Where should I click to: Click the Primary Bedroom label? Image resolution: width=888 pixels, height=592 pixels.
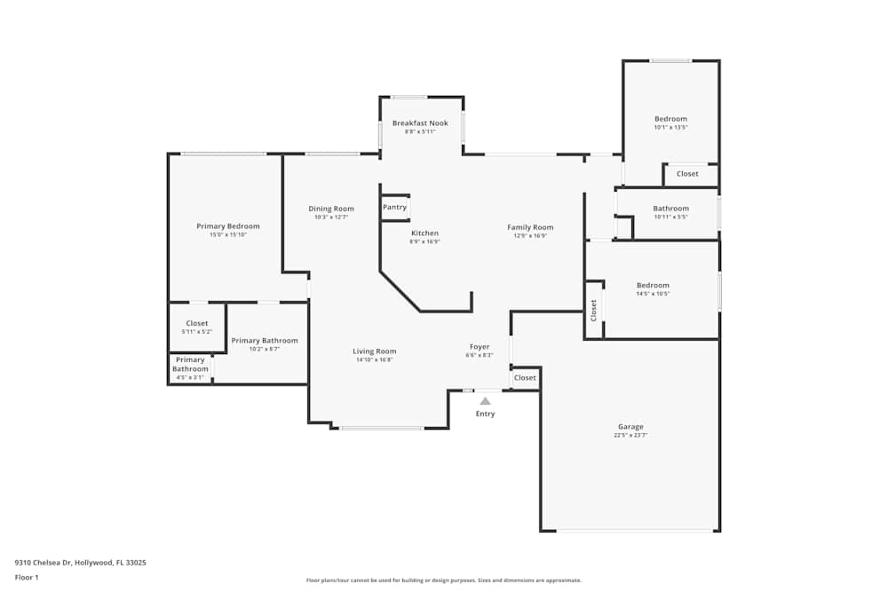point(228,226)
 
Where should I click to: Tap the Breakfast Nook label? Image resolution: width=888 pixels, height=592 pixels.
point(420,122)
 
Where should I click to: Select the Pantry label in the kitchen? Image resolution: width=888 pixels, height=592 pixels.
point(394,207)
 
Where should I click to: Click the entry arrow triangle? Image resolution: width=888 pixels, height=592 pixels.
point(485,401)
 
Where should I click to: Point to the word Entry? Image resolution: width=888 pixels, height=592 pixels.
point(485,414)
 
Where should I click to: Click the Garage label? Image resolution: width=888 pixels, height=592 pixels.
point(630,427)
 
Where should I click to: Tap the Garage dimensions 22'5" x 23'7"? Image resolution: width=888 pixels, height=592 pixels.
point(630,436)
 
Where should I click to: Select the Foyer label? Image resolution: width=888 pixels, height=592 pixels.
point(480,346)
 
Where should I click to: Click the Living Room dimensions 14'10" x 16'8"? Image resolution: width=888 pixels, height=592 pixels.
point(375,360)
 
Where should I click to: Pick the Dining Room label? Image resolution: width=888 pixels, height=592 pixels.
point(331,209)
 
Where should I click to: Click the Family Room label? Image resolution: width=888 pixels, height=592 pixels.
point(530,227)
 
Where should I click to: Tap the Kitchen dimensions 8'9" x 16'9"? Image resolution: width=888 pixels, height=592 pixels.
point(424,242)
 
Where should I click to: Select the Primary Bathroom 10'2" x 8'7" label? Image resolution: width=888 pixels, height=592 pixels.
point(265,340)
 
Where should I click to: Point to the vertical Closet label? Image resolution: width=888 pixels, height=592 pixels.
point(594,310)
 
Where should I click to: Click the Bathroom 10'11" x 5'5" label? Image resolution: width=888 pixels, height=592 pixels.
point(670,209)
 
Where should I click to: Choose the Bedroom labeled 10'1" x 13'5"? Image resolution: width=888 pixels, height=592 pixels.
point(670,119)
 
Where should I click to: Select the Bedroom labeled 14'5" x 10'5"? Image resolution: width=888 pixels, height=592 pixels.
point(653,285)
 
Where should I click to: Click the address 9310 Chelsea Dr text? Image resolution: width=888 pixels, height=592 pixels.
point(80,563)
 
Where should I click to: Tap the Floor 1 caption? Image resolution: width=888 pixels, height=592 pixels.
point(27,577)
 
